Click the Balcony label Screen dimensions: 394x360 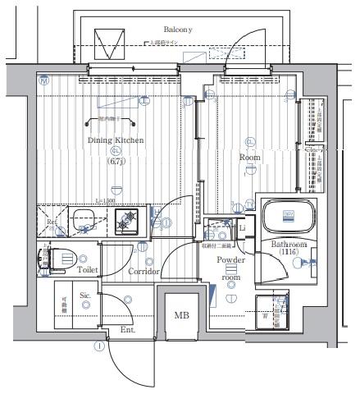[176, 29]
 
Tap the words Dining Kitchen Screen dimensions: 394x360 [116, 140]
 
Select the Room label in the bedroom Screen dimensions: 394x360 [249, 156]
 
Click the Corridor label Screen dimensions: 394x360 [143, 271]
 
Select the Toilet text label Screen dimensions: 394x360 [88, 268]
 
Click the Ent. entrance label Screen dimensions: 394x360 [128, 330]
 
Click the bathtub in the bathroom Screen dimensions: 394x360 [287, 218]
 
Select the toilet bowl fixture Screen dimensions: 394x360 [53, 259]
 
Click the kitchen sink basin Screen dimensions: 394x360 [85, 221]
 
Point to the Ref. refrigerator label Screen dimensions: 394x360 [51, 222]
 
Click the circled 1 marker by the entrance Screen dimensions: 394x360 [99, 346]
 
